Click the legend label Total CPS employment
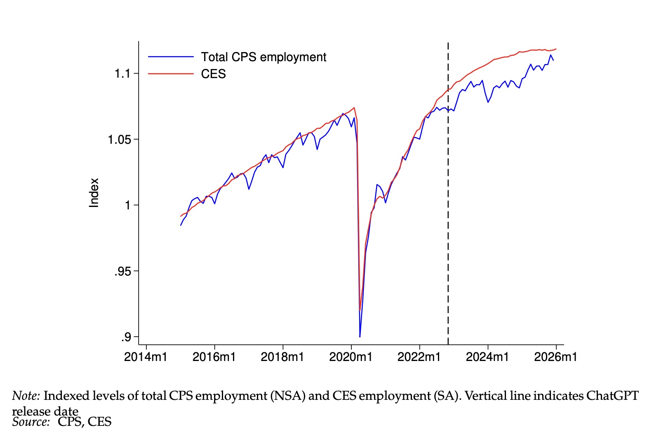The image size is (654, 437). [x=263, y=57]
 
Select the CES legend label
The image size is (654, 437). [x=213, y=74]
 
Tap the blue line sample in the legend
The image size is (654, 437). [x=171, y=57]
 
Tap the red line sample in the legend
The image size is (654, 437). [x=171, y=74]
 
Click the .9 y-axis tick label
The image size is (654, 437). [x=125, y=337]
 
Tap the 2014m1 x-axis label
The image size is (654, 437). [x=146, y=357]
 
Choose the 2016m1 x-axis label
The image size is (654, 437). [x=214, y=357]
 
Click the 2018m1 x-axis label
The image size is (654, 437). [x=282, y=357]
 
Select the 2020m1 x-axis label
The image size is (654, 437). [x=351, y=357]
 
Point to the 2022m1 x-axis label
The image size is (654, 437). [x=419, y=357]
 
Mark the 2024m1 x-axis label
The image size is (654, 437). [x=487, y=357]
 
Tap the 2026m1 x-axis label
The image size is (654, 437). [x=555, y=357]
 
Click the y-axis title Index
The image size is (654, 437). [x=94, y=192]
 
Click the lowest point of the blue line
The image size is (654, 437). [x=360, y=337]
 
